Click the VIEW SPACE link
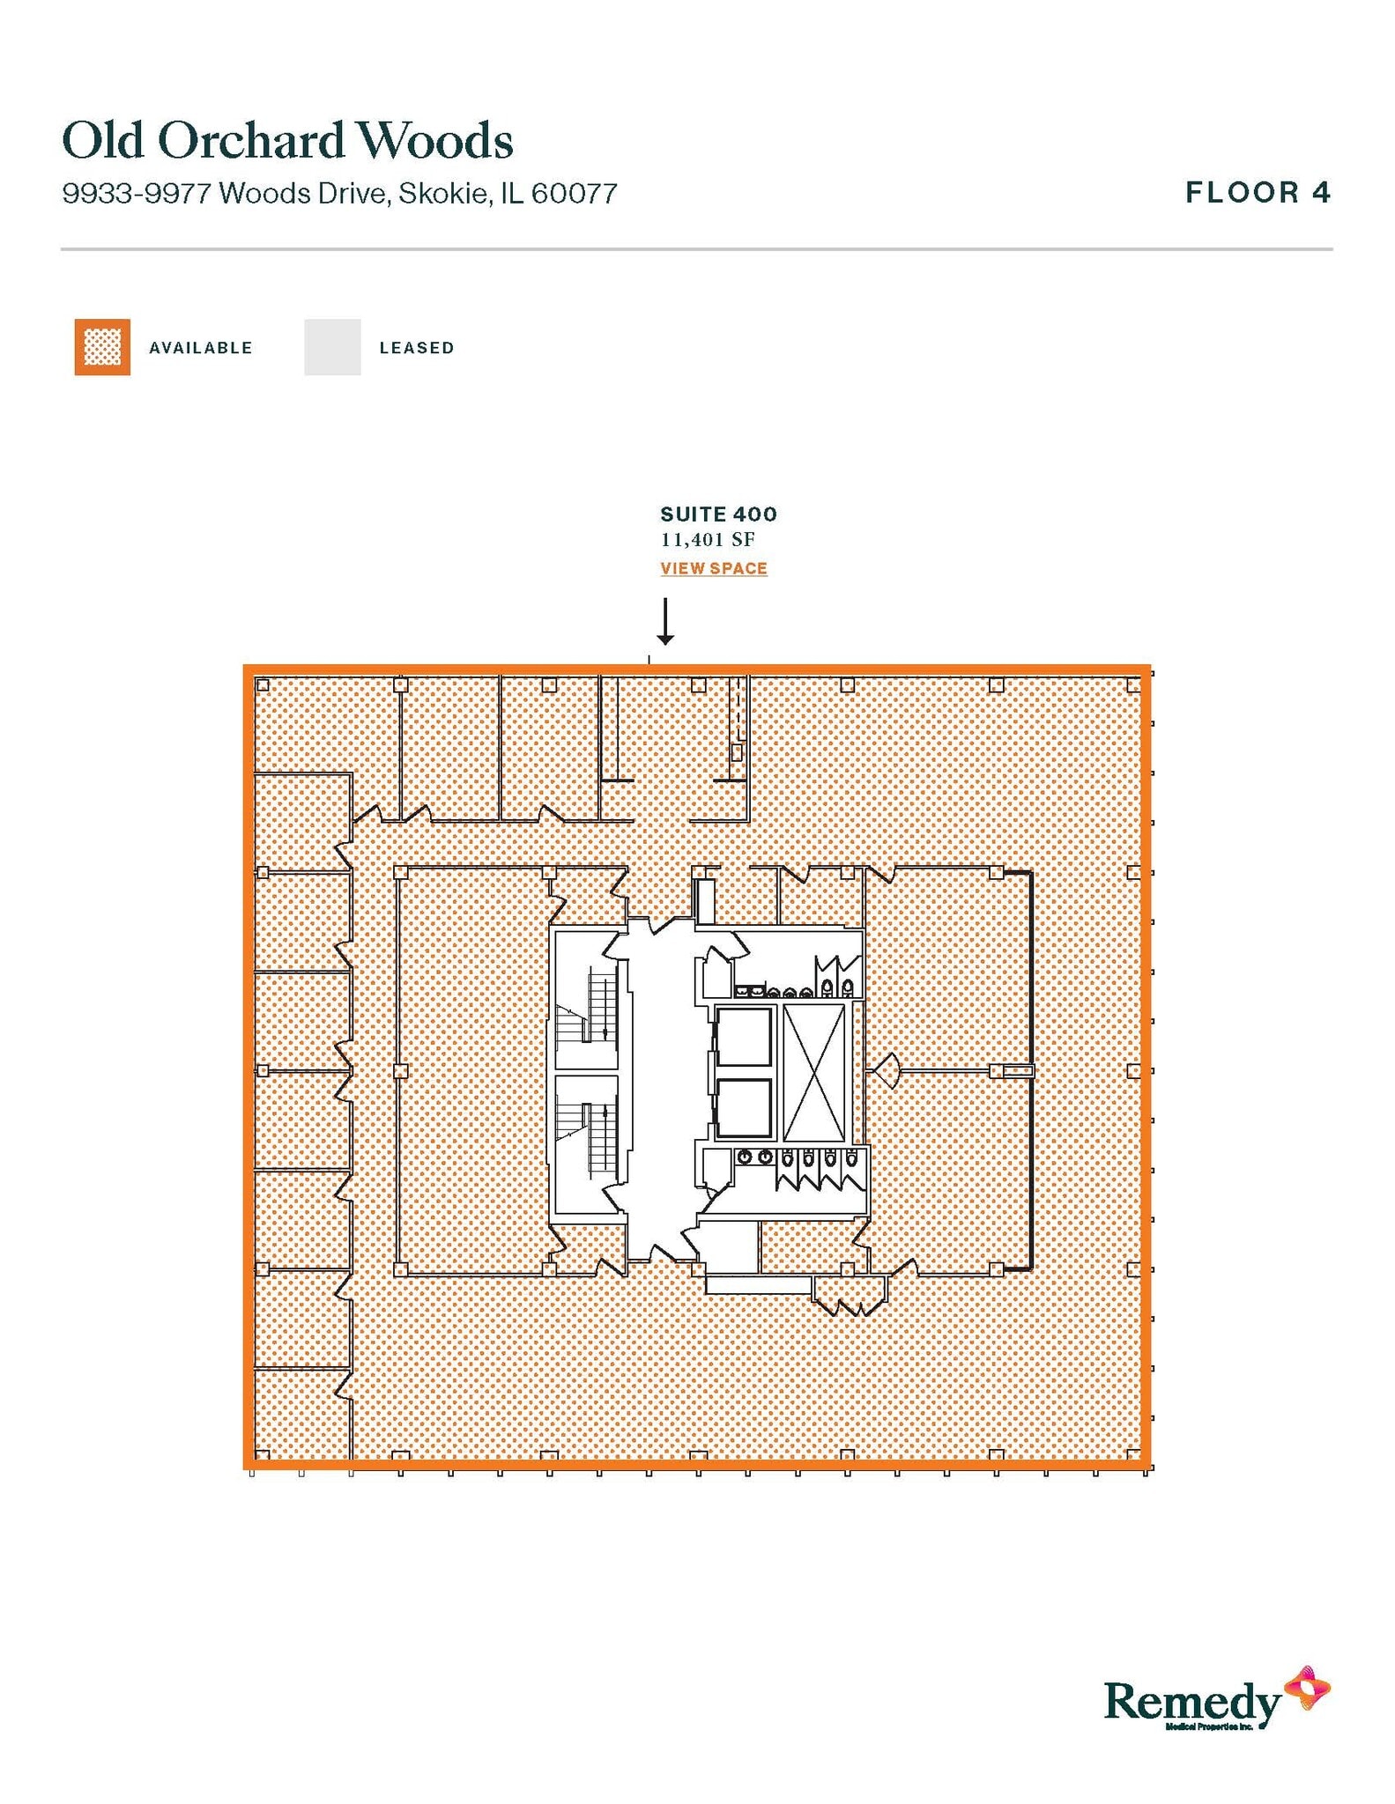point(713,568)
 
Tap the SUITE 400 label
point(718,514)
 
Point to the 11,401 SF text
point(708,539)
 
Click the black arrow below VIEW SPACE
point(665,621)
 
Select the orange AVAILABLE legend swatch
point(102,347)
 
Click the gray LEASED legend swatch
point(332,347)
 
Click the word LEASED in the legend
point(416,348)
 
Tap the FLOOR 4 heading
point(1257,192)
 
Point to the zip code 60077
point(574,193)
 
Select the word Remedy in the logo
point(1191,1701)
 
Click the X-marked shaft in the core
point(813,1072)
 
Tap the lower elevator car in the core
point(744,1108)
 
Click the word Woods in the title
point(434,141)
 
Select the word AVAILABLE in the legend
point(200,348)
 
